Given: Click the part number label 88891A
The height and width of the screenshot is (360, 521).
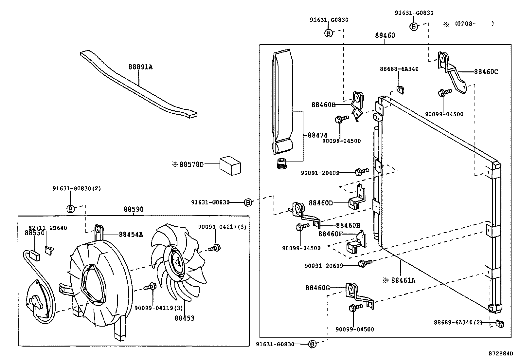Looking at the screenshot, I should pyautogui.click(x=140, y=67).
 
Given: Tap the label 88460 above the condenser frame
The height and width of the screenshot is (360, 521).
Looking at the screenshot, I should pyautogui.click(x=385, y=35).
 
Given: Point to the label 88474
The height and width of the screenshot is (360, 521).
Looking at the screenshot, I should pyautogui.click(x=317, y=135).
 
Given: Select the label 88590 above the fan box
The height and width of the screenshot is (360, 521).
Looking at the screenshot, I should pyautogui.click(x=134, y=209).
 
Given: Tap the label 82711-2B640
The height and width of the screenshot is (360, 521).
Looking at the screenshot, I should pyautogui.click(x=47, y=228).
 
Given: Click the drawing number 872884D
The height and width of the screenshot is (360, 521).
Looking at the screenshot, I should pyautogui.click(x=501, y=354).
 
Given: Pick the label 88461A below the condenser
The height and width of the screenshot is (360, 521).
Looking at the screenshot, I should pyautogui.click(x=403, y=280).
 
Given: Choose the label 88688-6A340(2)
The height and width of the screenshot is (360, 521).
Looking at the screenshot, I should pyautogui.click(x=458, y=322).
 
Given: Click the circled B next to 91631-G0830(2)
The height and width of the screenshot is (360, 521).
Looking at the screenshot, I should pyautogui.click(x=71, y=209).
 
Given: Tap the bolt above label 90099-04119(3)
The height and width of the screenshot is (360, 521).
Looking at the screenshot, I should pyautogui.click(x=151, y=286).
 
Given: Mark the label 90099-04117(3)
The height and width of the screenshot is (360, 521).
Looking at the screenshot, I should pyautogui.click(x=222, y=227).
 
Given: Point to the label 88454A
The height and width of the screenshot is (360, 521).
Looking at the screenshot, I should pyautogui.click(x=131, y=235).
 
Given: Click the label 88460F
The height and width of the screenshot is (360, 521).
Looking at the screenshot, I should pyautogui.click(x=331, y=234).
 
